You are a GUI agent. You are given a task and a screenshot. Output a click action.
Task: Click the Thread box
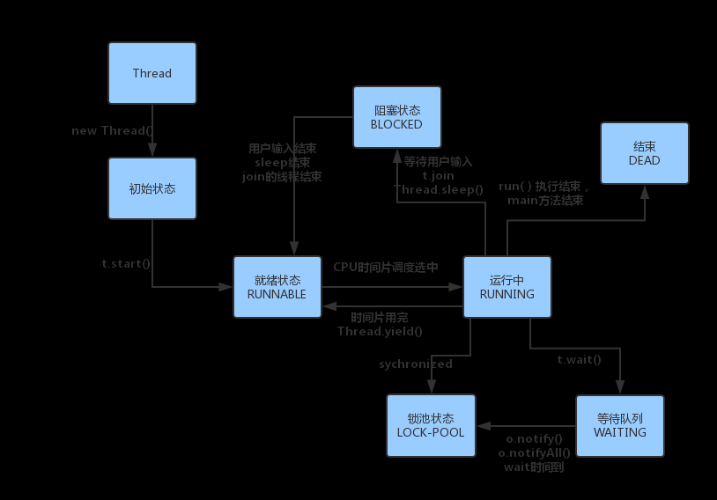152,73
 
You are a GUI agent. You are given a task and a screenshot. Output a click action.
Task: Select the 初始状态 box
152,188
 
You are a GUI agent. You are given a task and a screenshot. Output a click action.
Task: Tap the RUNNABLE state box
277,287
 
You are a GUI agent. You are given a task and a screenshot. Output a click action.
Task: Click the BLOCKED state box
397,117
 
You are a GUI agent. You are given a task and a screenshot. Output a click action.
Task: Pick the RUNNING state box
506,287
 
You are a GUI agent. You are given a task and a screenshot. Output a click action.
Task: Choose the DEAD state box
644,153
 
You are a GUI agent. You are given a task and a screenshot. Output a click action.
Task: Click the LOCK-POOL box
431,425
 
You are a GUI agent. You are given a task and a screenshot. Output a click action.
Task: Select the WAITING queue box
619,425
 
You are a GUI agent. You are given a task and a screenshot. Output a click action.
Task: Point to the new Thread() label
113,131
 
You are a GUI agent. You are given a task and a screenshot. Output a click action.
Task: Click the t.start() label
128,263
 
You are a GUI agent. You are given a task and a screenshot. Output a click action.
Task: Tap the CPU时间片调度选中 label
386,267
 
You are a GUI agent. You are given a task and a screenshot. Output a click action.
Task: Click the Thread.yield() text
380,332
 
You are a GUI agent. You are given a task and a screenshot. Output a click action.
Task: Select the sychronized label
416,364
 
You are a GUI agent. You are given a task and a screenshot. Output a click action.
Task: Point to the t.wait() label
579,359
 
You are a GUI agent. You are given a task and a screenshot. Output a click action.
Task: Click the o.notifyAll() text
535,452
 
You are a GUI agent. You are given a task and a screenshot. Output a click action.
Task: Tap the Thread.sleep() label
439,189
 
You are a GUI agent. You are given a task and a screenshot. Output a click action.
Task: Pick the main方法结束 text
545,201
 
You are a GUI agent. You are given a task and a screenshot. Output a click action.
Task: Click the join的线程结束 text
282,177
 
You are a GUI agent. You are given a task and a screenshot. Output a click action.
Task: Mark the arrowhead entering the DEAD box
644,190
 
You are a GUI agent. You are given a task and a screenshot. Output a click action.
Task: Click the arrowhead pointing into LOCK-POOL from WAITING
481,425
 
